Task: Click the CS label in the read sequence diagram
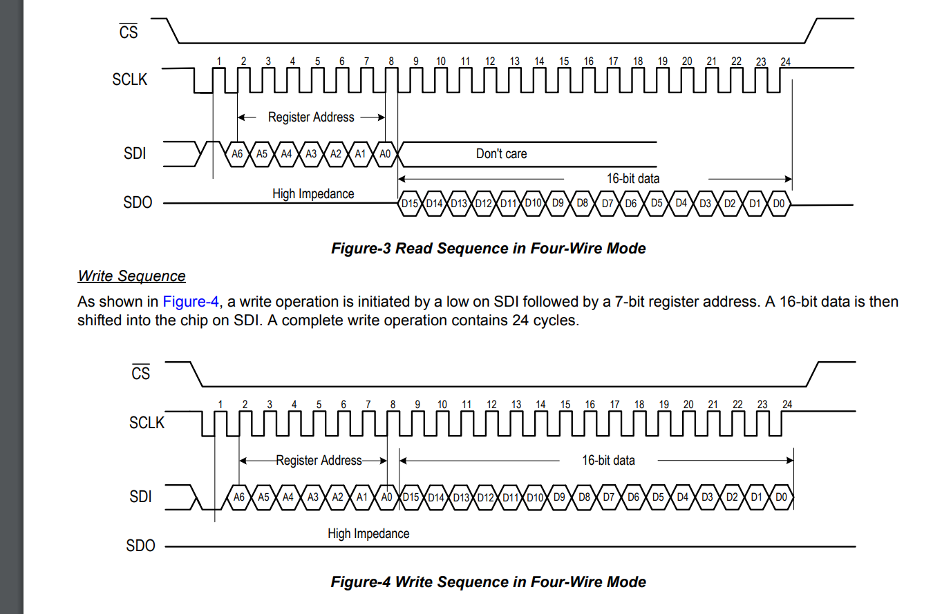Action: pos(129,32)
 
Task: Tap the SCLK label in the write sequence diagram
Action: pos(147,423)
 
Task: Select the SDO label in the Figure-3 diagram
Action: pos(138,202)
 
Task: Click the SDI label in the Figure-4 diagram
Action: pos(140,497)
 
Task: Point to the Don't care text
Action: pos(501,154)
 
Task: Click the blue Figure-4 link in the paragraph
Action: pos(191,302)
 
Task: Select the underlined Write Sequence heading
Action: pos(131,276)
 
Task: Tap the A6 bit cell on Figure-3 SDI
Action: pos(237,154)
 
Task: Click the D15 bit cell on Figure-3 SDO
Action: pos(410,203)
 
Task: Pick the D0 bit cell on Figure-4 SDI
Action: pos(781,497)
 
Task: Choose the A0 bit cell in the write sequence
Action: pos(386,497)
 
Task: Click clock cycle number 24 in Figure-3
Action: pos(786,61)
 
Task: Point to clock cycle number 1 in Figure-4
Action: pos(220,405)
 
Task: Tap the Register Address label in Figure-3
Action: pos(311,117)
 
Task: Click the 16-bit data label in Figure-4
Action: pos(608,461)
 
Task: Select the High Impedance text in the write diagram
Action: pos(368,534)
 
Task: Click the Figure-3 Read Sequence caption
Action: pos(488,249)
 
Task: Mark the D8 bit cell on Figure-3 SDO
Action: pos(583,203)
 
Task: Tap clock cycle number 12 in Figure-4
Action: pos(491,405)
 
